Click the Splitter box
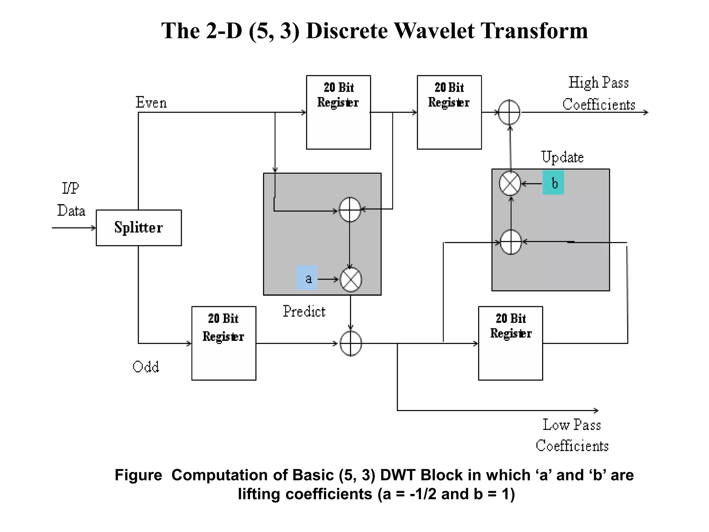(x=138, y=228)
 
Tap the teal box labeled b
(x=553, y=183)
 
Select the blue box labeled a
(x=307, y=278)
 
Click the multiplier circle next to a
(x=351, y=280)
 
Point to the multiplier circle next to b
(x=510, y=183)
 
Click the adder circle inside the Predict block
(x=350, y=210)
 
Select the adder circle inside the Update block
(x=511, y=242)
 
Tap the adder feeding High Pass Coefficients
(x=509, y=112)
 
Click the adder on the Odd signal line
(x=351, y=343)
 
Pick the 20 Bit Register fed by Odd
(x=224, y=343)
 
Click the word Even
(x=151, y=103)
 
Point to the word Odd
(x=146, y=366)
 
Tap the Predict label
(x=304, y=311)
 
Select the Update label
(x=562, y=157)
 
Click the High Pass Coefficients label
(x=599, y=94)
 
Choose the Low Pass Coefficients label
(x=572, y=435)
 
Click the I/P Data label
(x=71, y=199)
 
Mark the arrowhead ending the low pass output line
(x=596, y=410)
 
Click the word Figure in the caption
(x=138, y=475)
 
